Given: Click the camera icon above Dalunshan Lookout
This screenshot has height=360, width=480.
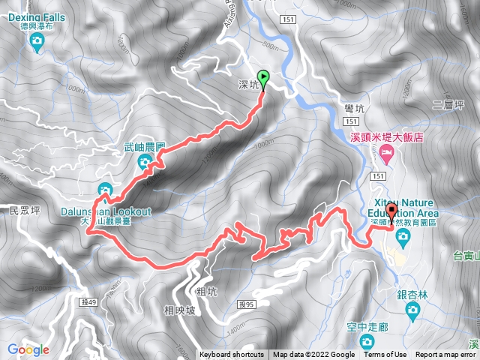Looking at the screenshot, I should click(105, 188).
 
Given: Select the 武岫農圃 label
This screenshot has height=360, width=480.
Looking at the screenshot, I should click(145, 148).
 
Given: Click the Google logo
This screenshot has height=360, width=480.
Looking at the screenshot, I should click(28, 349).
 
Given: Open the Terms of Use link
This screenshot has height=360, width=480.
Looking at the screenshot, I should click(385, 355).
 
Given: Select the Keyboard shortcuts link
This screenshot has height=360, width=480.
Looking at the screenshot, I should click(231, 355).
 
